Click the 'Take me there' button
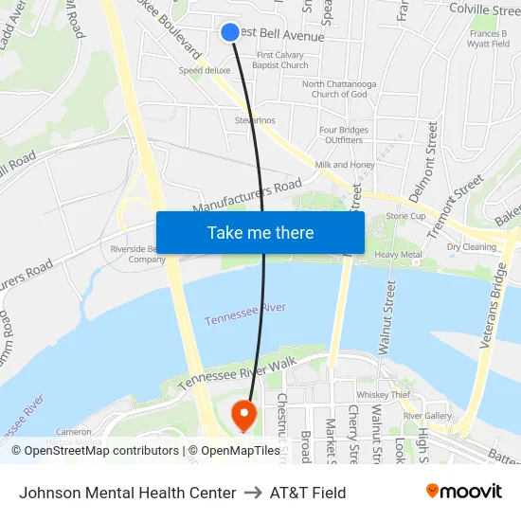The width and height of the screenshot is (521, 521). coord(260,232)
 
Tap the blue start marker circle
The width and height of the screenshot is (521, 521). coord(230,32)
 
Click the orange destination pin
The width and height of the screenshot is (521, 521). coord(243,414)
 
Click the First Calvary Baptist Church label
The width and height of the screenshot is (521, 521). coord(281,61)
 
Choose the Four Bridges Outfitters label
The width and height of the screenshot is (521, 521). coord(341,135)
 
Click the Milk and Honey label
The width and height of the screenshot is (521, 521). coord(345,165)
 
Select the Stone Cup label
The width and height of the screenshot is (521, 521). coord(404,216)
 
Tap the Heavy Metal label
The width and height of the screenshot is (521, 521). coord(398,255)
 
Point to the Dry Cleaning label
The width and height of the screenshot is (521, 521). coord(472,247)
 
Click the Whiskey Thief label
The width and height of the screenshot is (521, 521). coord(383,395)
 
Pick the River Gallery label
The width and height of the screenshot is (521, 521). coord(427,416)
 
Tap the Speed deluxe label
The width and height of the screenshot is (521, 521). coord(205,70)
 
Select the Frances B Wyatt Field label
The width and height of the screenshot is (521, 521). coord(489,39)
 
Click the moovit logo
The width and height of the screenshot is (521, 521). coord(464,492)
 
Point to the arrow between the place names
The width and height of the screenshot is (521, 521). coord(253,493)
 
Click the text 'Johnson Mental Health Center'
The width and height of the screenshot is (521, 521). coord(127,493)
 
